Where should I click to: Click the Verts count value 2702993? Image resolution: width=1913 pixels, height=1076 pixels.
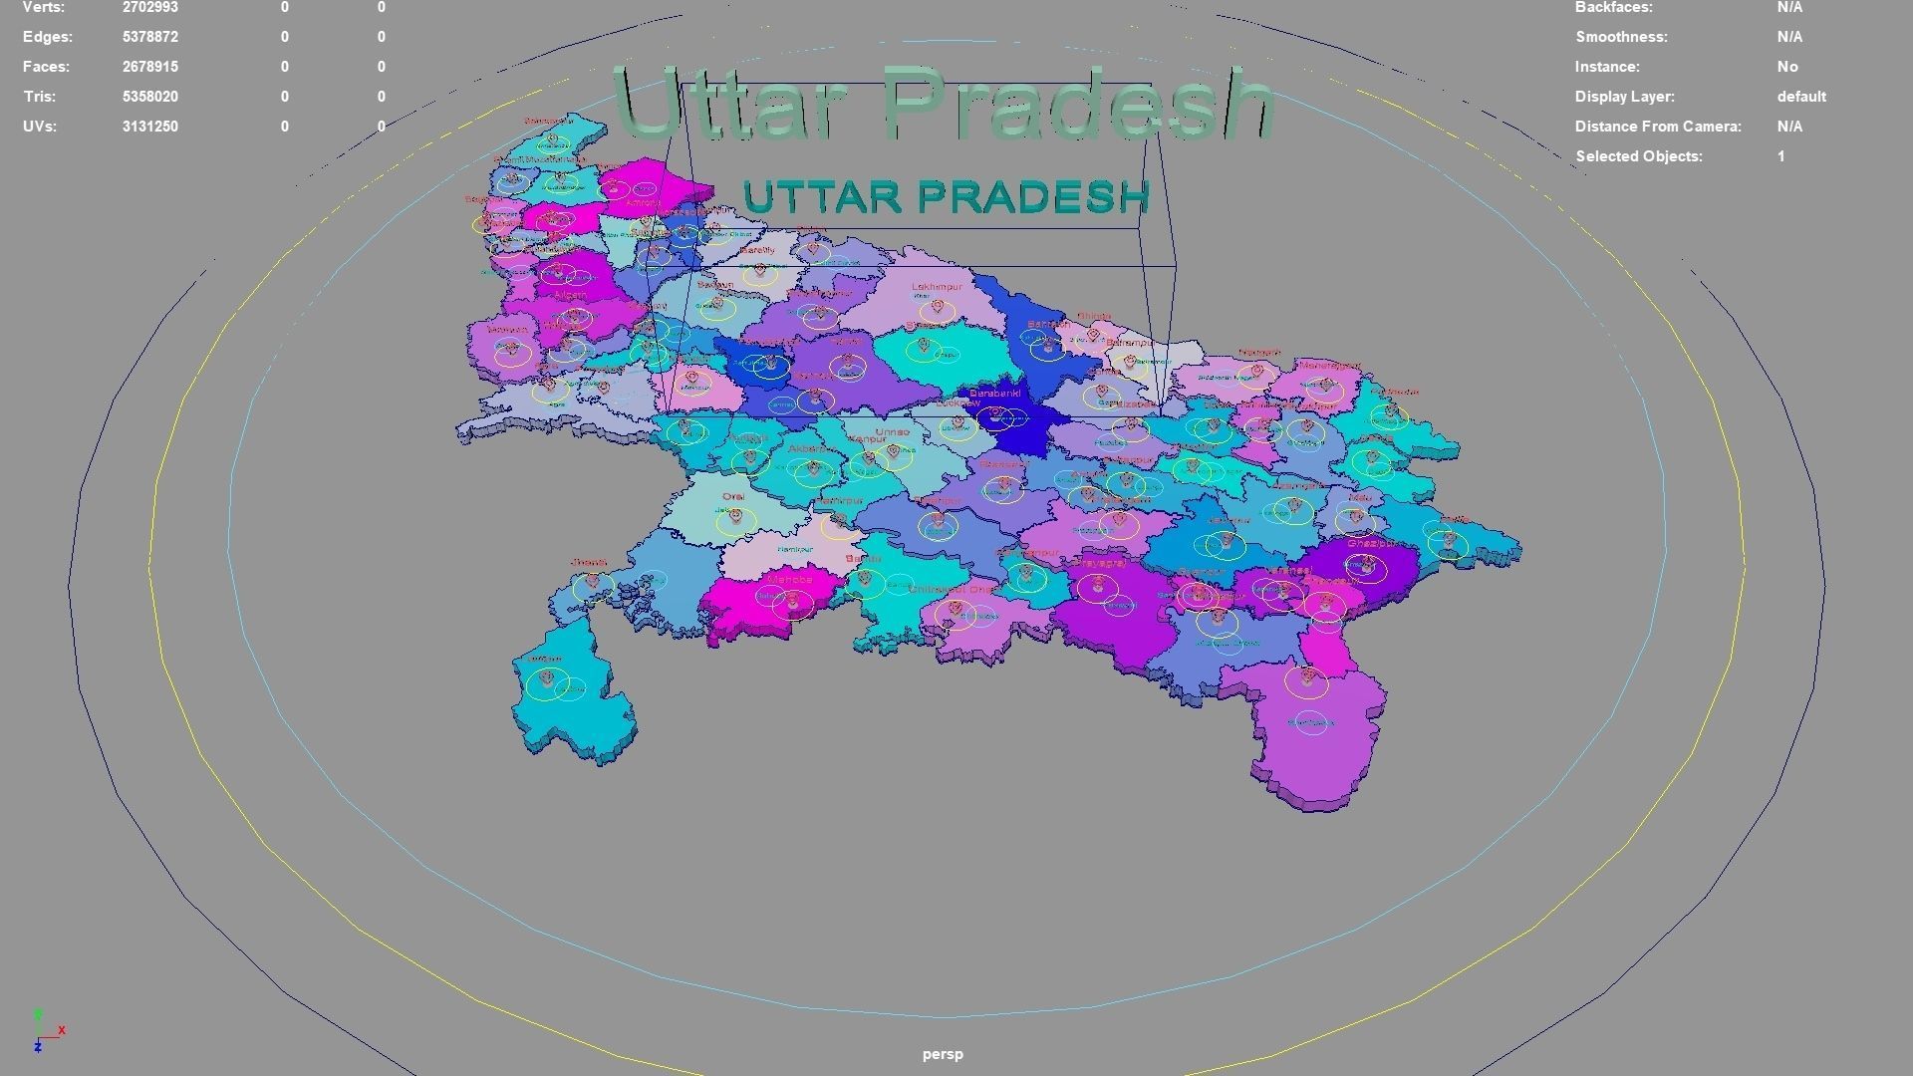tap(149, 8)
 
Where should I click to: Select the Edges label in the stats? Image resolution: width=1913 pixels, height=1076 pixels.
tap(48, 37)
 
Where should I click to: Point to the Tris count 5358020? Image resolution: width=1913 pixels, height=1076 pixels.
tap(149, 97)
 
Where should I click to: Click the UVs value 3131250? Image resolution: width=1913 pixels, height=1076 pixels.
tap(149, 127)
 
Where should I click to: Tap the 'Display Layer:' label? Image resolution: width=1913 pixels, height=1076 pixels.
tap(1624, 97)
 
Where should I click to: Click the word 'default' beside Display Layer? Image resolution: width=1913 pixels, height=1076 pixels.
tap(1800, 97)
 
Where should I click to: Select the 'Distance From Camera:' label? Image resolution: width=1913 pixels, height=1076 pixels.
tap(1658, 127)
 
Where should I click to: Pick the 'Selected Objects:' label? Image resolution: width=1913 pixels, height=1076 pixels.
tap(1638, 156)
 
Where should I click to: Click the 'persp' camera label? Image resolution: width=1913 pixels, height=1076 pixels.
tap(943, 1054)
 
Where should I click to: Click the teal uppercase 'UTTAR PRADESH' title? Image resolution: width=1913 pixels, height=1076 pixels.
tap(946, 197)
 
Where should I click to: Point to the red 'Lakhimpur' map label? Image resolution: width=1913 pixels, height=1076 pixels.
tap(937, 287)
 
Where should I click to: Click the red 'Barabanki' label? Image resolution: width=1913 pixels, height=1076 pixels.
tap(994, 394)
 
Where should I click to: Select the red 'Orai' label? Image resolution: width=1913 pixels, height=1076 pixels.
tap(733, 496)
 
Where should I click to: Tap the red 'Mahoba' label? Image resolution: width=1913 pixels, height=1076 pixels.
tap(790, 579)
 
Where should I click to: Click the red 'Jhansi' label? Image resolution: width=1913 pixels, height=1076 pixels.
tap(588, 563)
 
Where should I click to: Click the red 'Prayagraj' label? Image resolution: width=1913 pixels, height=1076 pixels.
tap(1099, 563)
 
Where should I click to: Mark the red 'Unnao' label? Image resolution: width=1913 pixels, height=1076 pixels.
tap(892, 432)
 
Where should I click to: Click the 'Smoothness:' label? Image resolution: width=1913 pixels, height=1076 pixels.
tap(1621, 37)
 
